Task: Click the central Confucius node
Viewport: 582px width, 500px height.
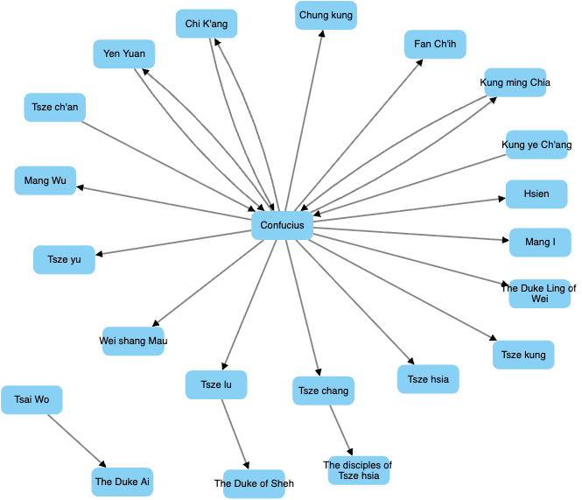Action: (282, 225)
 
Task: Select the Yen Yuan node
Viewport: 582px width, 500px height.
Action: (124, 53)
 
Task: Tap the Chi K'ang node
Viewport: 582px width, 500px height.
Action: (207, 24)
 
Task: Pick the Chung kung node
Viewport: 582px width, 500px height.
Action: (326, 15)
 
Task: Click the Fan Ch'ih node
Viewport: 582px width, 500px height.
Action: (435, 44)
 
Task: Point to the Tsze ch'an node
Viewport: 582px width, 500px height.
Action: (54, 107)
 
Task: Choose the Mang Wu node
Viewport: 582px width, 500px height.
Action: (45, 180)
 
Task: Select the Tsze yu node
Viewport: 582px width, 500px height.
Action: (64, 260)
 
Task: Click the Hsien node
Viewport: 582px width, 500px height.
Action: (536, 194)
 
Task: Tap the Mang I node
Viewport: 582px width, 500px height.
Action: (540, 242)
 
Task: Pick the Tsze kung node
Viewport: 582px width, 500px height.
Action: (523, 355)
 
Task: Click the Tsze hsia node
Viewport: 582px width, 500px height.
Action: (428, 379)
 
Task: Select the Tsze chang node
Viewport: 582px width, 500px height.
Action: (323, 391)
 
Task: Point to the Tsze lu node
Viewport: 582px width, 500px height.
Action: (216, 384)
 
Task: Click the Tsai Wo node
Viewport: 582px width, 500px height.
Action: (32, 400)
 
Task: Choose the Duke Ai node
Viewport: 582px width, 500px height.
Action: (123, 482)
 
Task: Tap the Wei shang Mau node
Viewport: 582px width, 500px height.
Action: (133, 341)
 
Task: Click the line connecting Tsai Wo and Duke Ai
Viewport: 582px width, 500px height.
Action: (75, 440)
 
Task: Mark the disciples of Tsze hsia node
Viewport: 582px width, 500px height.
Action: (359, 470)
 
